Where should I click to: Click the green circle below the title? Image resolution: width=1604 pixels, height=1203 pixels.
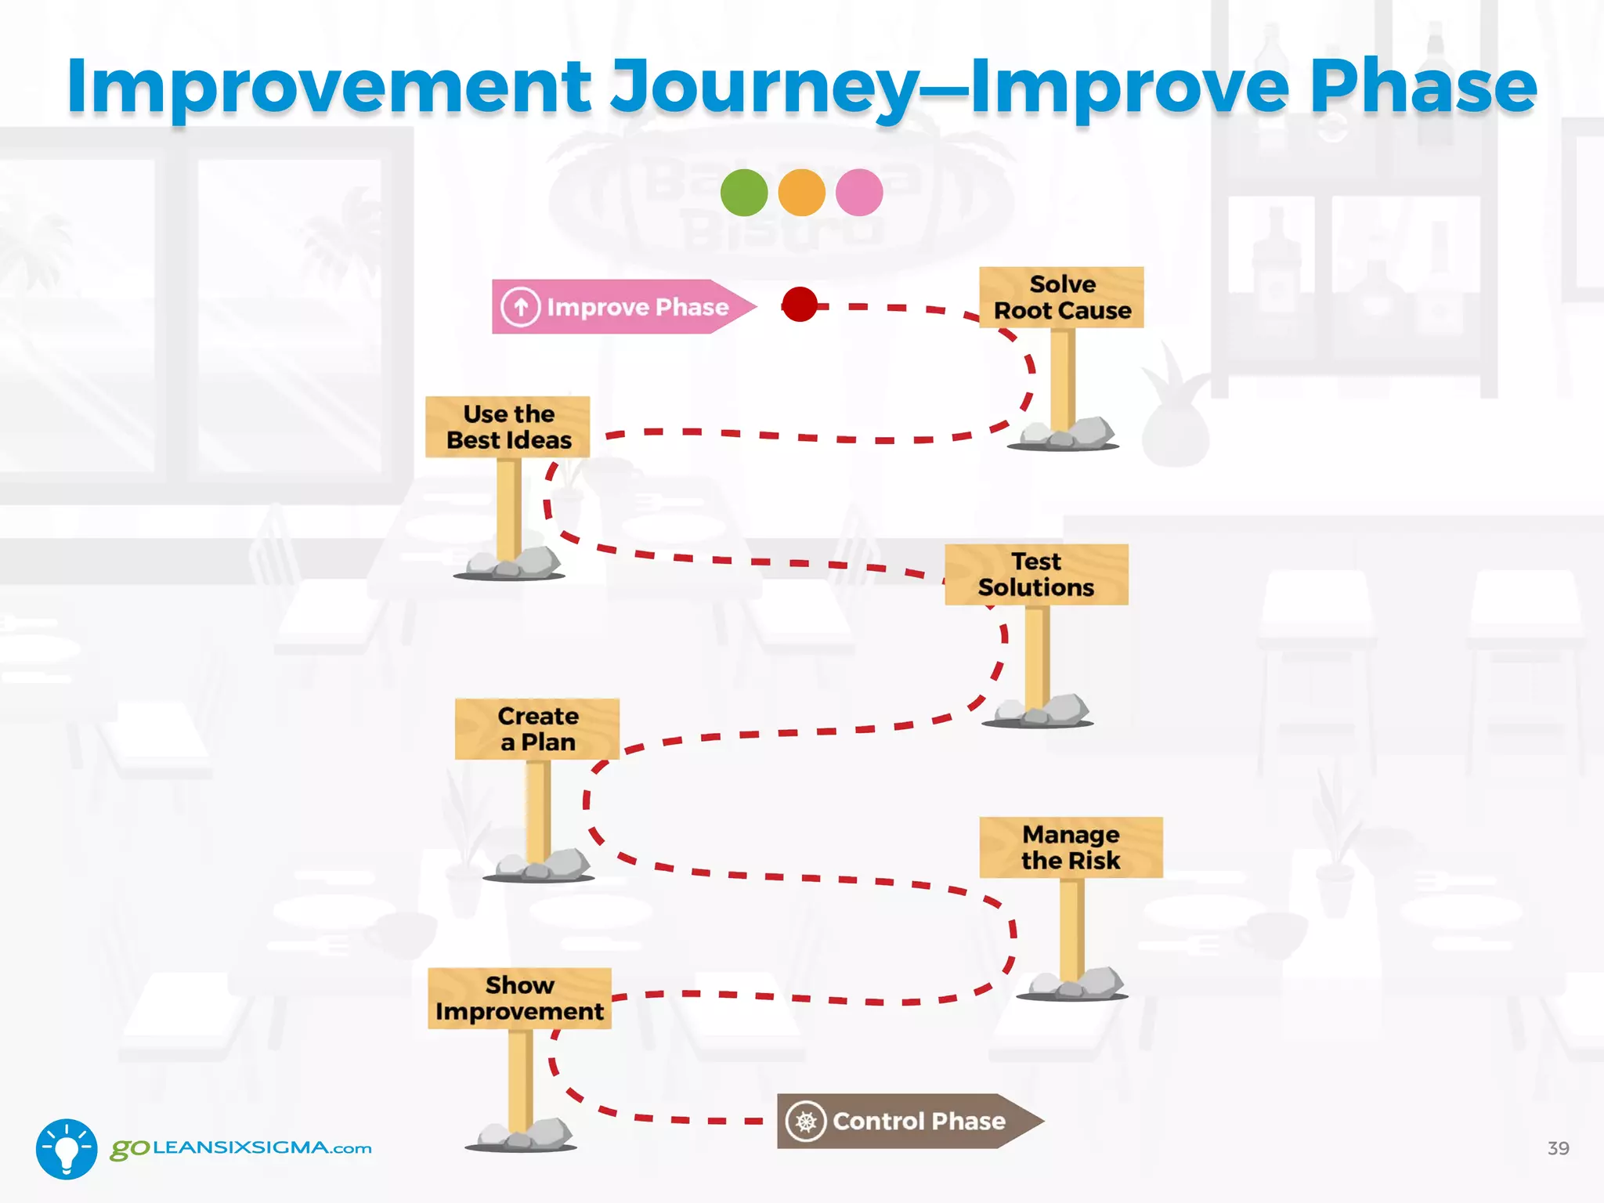[x=743, y=193]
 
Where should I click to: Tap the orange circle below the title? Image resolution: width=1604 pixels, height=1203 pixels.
[x=801, y=193]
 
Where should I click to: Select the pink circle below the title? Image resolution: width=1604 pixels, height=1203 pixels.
[x=859, y=193]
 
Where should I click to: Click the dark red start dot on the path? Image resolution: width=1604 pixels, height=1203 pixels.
[x=800, y=305]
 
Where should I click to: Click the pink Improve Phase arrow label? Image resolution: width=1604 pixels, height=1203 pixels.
[x=619, y=307]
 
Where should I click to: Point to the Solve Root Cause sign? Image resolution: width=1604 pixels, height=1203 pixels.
[x=1061, y=298]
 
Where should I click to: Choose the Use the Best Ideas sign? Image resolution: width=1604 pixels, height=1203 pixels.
[x=508, y=427]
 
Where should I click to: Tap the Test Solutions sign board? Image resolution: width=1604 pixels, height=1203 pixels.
[x=1035, y=575]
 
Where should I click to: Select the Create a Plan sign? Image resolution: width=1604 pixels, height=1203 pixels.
[x=537, y=729]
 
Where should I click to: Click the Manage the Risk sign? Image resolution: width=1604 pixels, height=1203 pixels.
[x=1070, y=847]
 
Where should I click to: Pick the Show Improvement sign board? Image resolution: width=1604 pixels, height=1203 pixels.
[x=519, y=999]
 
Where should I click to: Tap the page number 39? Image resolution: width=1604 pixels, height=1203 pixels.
[x=1558, y=1148]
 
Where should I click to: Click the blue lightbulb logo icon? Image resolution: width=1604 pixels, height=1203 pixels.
[x=67, y=1149]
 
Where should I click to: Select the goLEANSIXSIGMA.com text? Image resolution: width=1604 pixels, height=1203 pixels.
[x=241, y=1148]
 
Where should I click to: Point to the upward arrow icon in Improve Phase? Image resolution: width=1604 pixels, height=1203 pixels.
[x=521, y=307]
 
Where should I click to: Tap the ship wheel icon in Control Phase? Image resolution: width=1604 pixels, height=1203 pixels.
[x=806, y=1122]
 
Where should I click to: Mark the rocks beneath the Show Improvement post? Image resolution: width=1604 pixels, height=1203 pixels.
[x=523, y=1134]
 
